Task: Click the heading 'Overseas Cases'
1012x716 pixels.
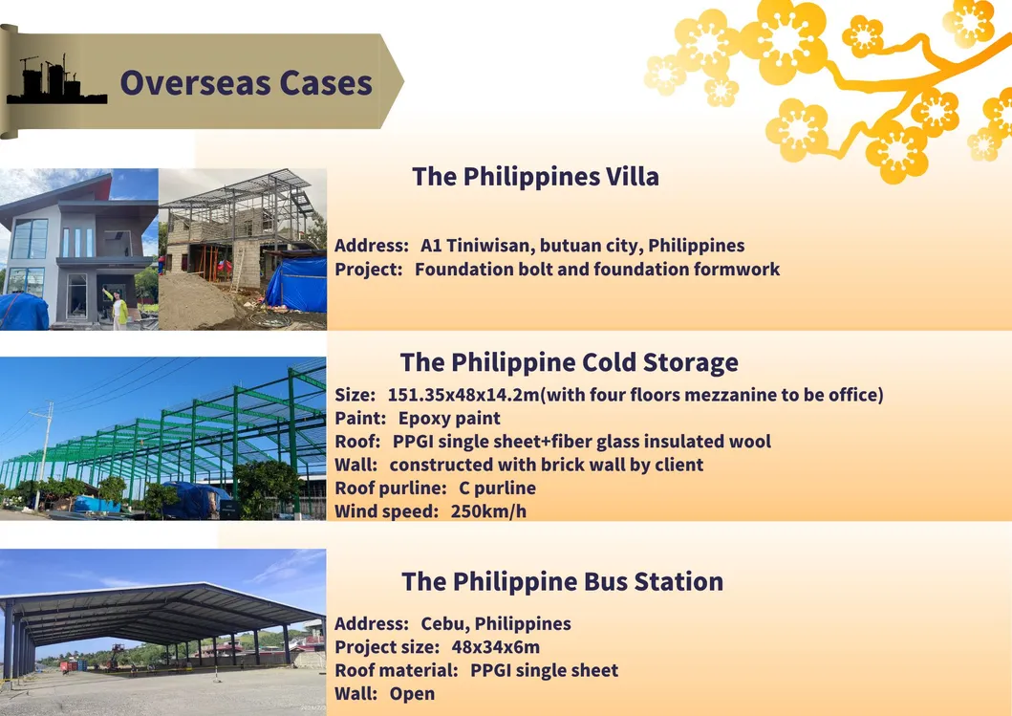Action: click(x=246, y=82)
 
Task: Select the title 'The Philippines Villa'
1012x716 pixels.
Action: click(x=536, y=176)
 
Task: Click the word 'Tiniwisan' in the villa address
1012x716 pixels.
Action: click(x=489, y=246)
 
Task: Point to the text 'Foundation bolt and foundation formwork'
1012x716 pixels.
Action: click(x=597, y=269)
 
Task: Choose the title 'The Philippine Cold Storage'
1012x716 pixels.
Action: click(x=569, y=362)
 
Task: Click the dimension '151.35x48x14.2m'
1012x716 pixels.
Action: click(x=463, y=395)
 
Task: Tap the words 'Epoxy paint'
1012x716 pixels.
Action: click(x=449, y=419)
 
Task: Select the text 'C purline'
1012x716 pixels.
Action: click(x=497, y=488)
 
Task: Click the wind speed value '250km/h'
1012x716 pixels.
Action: click(x=488, y=511)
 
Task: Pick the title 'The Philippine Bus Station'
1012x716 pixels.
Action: click(x=562, y=581)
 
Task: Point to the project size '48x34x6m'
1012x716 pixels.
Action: click(x=496, y=647)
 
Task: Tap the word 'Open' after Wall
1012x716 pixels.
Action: click(x=412, y=694)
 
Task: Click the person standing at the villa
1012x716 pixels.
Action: click(x=118, y=309)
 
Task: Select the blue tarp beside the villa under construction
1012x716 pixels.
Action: click(x=297, y=283)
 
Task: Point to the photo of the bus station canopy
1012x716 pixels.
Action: click(x=162, y=632)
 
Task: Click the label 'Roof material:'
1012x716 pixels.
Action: click(x=397, y=670)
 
